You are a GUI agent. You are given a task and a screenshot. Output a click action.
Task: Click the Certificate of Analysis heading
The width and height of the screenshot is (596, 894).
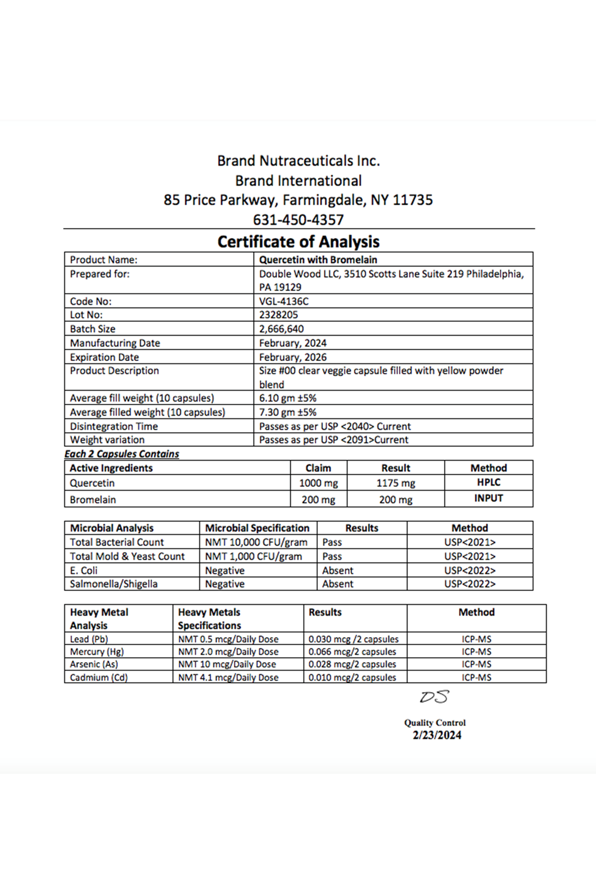coord(298,242)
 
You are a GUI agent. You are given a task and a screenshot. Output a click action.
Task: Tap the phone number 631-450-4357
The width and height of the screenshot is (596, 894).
coord(298,220)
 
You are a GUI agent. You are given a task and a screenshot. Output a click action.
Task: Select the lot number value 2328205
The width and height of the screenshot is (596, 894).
coord(279,315)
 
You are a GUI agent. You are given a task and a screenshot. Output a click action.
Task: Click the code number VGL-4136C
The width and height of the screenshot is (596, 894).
coord(284,301)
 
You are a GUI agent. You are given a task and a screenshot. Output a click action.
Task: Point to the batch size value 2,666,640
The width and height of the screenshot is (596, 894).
coord(282,329)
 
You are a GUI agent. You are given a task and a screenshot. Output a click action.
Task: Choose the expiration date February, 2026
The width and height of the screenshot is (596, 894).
coord(293,357)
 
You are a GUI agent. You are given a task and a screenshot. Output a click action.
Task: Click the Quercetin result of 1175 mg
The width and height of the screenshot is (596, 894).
coord(395,483)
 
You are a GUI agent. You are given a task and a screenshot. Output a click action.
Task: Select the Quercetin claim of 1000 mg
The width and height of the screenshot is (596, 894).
coord(318,483)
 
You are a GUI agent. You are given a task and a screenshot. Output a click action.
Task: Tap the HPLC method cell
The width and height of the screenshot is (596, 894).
coord(488,482)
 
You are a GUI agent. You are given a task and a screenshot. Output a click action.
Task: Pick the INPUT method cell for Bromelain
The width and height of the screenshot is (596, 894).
coord(488,498)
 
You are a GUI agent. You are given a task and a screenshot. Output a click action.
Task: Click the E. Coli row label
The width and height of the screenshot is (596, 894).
coord(84,570)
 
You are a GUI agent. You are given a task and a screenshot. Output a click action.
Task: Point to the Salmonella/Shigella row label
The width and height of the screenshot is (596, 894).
coord(114,584)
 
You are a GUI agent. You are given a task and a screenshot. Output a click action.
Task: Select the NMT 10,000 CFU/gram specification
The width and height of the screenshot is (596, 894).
coord(256,542)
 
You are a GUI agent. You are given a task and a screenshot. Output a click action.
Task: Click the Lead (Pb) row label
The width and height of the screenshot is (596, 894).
coord(89,639)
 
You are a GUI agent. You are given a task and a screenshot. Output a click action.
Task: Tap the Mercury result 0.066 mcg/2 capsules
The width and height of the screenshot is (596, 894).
coord(352,652)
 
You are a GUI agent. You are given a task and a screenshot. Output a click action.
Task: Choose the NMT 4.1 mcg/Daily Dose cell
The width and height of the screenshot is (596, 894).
coord(228,677)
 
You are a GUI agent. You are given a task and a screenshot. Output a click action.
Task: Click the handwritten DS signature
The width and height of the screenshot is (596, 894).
coord(435,697)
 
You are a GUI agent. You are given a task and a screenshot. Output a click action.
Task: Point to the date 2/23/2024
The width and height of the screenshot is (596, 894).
coord(437,735)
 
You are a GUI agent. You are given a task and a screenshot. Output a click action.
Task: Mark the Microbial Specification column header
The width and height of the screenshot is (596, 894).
coord(257,528)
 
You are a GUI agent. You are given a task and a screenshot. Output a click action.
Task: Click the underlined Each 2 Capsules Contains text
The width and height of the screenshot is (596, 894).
coord(122,454)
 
